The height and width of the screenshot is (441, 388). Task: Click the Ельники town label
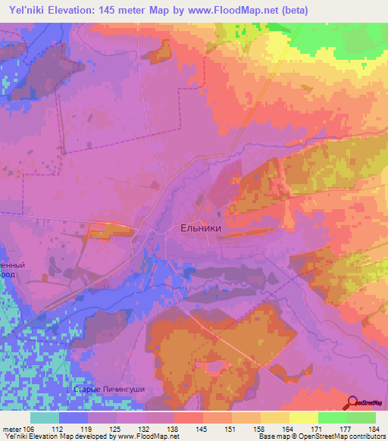click(199, 227)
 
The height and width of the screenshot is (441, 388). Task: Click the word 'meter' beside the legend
click(12, 428)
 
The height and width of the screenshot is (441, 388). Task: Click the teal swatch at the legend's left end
click(45, 418)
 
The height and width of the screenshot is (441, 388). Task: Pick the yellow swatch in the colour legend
click(304, 418)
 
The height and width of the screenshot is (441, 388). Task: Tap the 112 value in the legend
click(57, 428)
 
